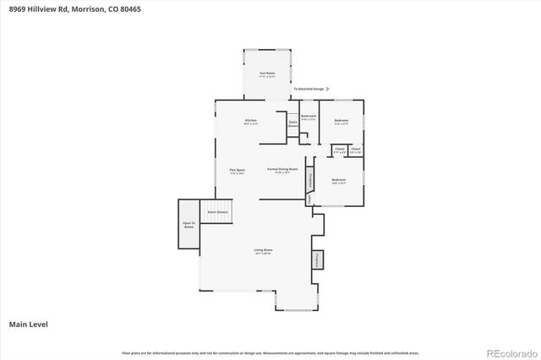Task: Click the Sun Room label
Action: [x=265, y=75]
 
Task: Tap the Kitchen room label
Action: [x=251, y=122]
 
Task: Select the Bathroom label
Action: [x=309, y=117]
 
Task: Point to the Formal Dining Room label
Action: [x=282, y=170]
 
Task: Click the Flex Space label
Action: [x=238, y=171]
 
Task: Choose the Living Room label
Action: [x=263, y=251]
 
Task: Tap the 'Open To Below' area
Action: [x=189, y=225]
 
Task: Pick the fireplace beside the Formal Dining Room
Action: [x=310, y=179]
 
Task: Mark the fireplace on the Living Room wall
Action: [x=319, y=259]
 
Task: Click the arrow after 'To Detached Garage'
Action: [x=328, y=88]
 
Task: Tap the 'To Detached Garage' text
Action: [x=308, y=88]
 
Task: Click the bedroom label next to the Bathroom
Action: [x=342, y=122]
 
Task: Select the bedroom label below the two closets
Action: [x=338, y=181]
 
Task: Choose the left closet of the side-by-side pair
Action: [x=339, y=150]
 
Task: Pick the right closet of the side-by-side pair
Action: [x=355, y=150]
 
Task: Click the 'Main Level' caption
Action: [x=26, y=324]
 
